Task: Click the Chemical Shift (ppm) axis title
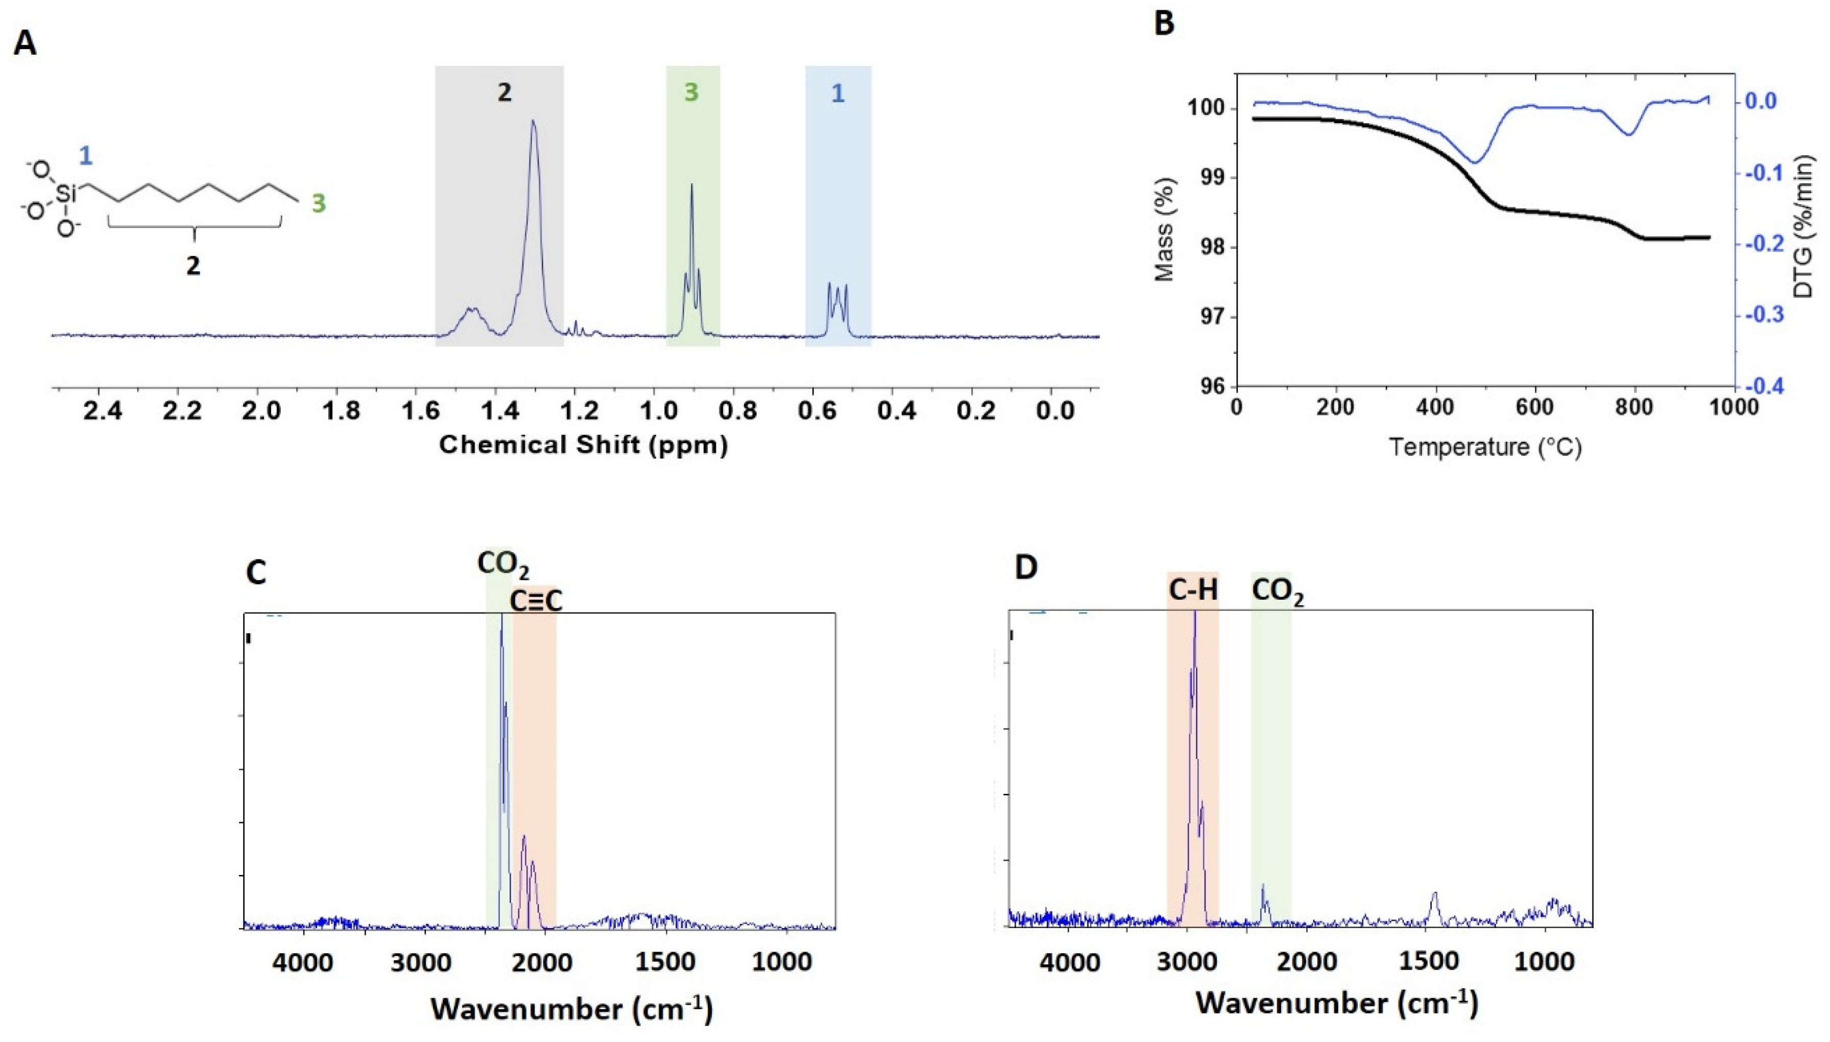pos(583,445)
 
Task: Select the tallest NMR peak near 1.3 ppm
pos(532,123)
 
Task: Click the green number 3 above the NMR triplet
pos(690,92)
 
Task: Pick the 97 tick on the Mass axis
pos(1211,318)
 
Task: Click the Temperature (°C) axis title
pos(1484,447)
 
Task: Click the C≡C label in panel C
pos(536,602)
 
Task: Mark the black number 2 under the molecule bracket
pos(193,266)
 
